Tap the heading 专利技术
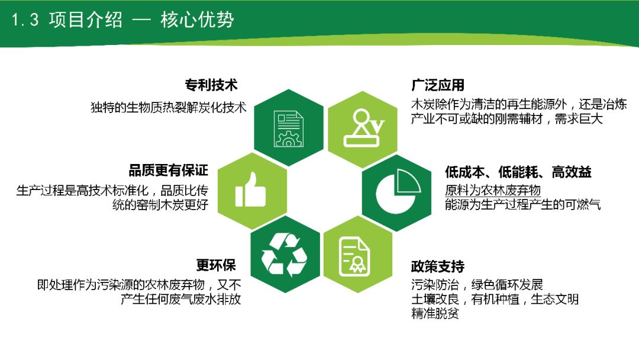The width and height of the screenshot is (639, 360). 211,85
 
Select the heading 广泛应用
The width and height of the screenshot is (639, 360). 438,85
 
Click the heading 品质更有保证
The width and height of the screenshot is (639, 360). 169,171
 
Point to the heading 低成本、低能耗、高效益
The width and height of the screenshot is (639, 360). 518,172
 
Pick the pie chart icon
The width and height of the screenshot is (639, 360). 396,191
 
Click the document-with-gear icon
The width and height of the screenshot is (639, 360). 288,127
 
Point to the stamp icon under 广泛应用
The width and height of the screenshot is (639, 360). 362,127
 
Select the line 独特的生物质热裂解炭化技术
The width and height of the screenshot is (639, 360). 168,108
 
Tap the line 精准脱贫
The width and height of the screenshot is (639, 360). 435,314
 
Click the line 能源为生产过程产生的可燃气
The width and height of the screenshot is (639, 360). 523,205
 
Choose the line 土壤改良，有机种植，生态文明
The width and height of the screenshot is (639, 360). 495,299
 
